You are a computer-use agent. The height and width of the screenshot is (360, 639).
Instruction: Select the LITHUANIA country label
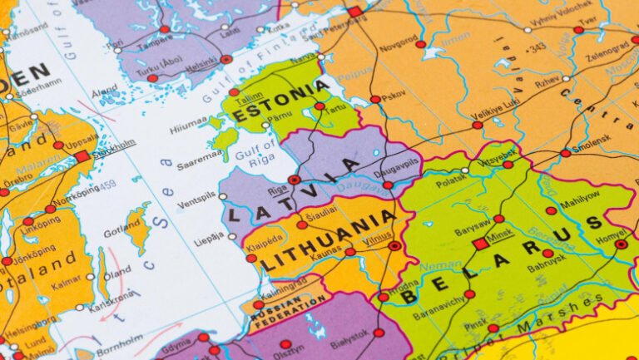(328, 242)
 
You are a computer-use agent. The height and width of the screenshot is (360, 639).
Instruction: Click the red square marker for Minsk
(480, 244)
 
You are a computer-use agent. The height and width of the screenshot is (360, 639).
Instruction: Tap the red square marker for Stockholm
(82, 156)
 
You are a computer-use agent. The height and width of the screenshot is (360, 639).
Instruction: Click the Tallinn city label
(248, 97)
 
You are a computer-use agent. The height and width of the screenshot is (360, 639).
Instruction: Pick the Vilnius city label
(377, 237)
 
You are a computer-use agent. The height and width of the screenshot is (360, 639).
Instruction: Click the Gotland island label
(121, 230)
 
